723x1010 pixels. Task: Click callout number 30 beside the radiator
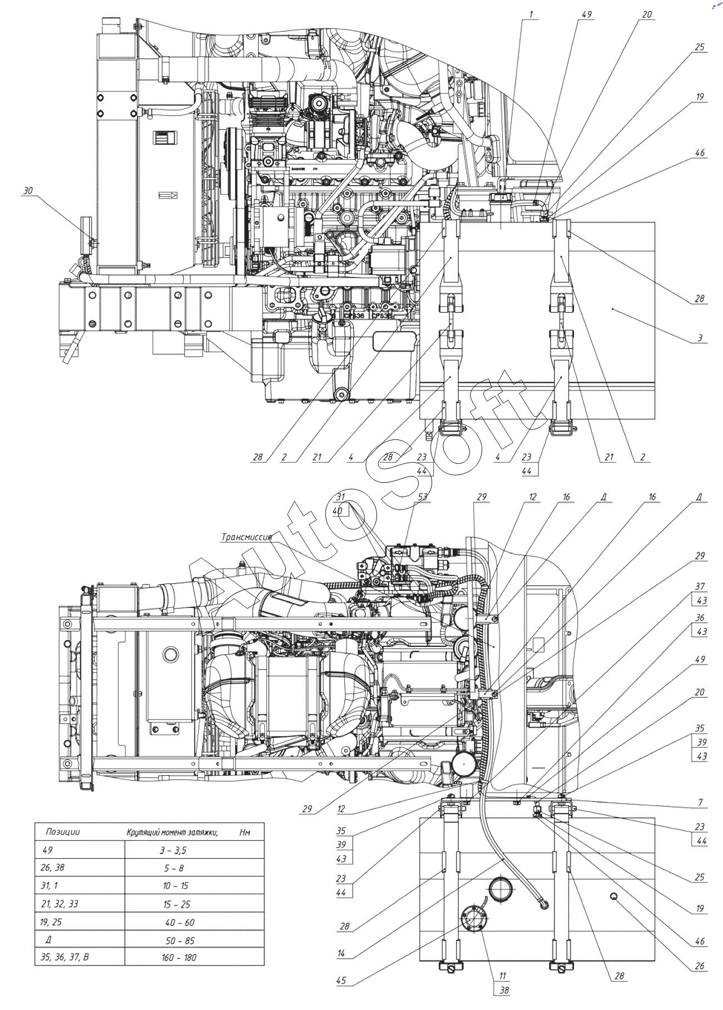[x=28, y=191]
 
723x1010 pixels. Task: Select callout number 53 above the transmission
[x=423, y=497]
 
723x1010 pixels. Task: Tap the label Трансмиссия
[x=246, y=537]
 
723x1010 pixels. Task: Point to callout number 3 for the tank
[x=700, y=338]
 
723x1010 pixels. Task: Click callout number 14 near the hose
[x=341, y=953]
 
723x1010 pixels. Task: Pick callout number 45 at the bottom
[x=341, y=980]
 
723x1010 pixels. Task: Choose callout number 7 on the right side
[x=700, y=802]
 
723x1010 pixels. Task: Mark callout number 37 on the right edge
[x=700, y=587]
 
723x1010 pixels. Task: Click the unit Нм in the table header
[x=245, y=833]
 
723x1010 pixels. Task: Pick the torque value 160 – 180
[x=178, y=958]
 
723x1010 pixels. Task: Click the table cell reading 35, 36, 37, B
[x=65, y=957]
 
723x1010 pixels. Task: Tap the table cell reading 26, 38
[x=52, y=868]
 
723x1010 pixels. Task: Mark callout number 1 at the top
[x=531, y=14]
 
